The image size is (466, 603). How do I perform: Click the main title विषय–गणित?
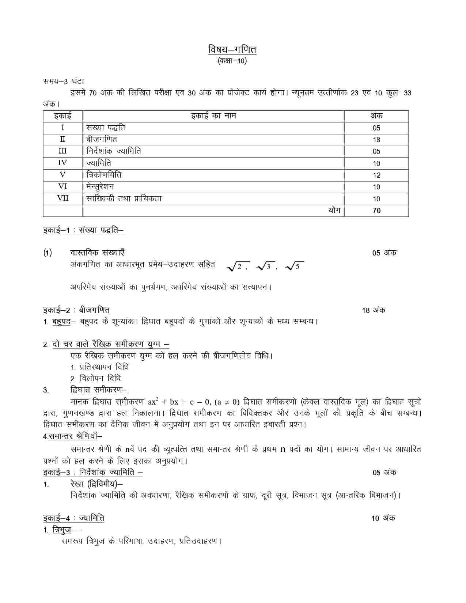click(232, 49)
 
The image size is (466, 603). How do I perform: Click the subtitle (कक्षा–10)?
click(232, 61)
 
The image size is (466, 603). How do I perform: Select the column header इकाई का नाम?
click(213, 116)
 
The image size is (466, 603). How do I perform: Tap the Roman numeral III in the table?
click(62, 151)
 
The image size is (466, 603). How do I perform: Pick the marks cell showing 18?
click(376, 140)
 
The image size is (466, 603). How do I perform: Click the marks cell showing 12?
click(376, 175)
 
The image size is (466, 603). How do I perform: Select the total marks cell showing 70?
click(376, 211)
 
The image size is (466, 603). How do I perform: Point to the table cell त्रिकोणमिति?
click(104, 175)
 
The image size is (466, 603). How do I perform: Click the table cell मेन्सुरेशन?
click(100, 187)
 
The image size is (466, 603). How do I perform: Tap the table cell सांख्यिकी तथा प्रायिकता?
click(124, 198)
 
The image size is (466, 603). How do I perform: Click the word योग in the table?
click(334, 210)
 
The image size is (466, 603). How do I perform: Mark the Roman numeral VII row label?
click(62, 198)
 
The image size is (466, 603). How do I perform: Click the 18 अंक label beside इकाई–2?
click(374, 310)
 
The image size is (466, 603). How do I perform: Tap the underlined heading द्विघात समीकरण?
click(99, 390)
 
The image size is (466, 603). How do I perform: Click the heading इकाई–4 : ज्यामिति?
click(73, 518)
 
